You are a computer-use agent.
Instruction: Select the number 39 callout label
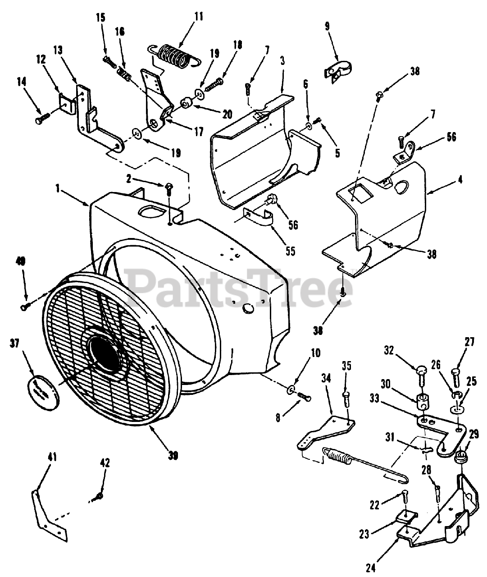click(173, 456)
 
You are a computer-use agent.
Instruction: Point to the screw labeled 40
click(24, 307)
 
